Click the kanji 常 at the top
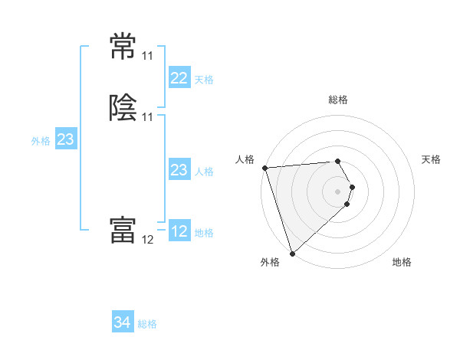click(x=123, y=47)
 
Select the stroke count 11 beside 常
click(x=147, y=56)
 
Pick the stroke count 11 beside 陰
click(x=148, y=116)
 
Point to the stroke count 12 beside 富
click(x=148, y=239)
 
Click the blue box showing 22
click(x=179, y=78)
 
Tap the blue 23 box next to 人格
click(x=179, y=170)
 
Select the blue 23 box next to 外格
click(x=65, y=139)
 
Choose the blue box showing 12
click(x=179, y=231)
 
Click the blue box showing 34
click(x=123, y=322)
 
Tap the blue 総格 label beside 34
click(x=147, y=324)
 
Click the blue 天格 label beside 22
click(x=204, y=80)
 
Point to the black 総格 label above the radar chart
click(x=338, y=100)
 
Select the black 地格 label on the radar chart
click(x=402, y=262)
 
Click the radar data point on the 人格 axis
click(x=264, y=168)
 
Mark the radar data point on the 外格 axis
click(x=292, y=253)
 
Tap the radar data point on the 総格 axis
click(x=338, y=162)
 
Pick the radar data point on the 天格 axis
click(x=353, y=186)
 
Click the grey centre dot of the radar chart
click(x=338, y=191)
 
